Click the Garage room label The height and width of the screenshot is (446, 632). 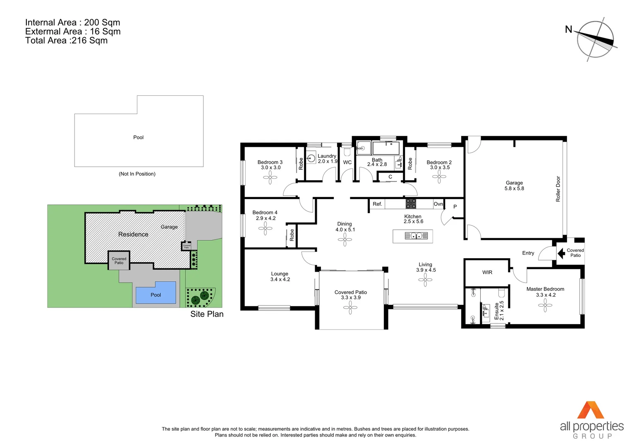tap(514, 183)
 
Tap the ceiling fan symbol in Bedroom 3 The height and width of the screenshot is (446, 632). tap(270, 178)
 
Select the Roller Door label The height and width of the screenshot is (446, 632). tap(558, 189)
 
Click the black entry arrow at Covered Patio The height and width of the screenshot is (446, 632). tap(561, 253)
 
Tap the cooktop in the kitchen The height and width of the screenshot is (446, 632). tap(411, 204)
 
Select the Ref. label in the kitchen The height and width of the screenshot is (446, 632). tap(377, 204)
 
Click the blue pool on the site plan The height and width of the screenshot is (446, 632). tap(156, 292)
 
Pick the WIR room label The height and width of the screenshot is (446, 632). tap(487, 273)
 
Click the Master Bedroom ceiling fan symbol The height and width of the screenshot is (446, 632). tap(545, 305)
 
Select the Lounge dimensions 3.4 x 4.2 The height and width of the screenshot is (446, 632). tap(280, 280)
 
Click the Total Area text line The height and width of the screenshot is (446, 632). tap(66, 40)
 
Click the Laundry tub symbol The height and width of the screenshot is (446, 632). tap(311, 158)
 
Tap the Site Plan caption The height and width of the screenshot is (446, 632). tap(207, 314)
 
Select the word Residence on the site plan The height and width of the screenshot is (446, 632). tap(133, 235)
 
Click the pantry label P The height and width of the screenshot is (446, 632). tap(455, 207)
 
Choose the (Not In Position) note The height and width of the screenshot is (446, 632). tap(137, 174)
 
